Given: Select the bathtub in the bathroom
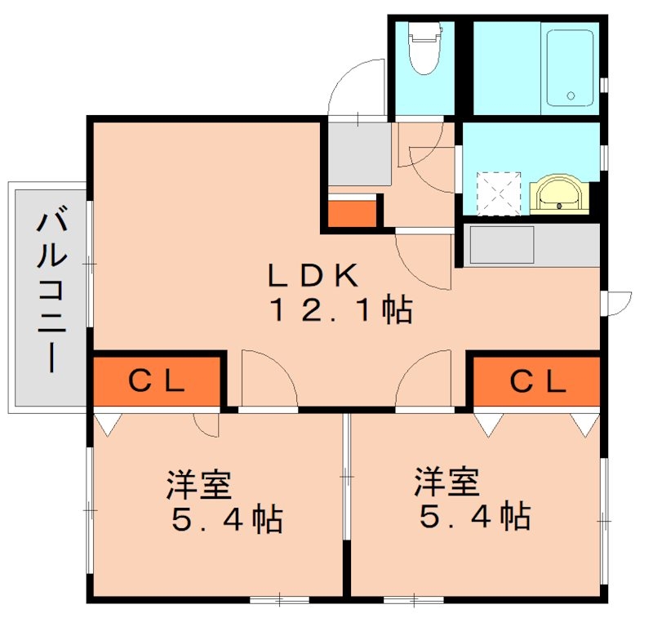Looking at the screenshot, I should tap(569, 68).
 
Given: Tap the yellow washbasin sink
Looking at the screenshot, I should tap(558, 194).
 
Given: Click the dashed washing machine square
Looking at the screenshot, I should tap(498, 193).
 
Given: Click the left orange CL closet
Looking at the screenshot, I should tap(158, 380).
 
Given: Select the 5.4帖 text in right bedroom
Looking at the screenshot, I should tap(473, 517).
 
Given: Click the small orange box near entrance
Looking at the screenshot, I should tap(353, 212).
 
